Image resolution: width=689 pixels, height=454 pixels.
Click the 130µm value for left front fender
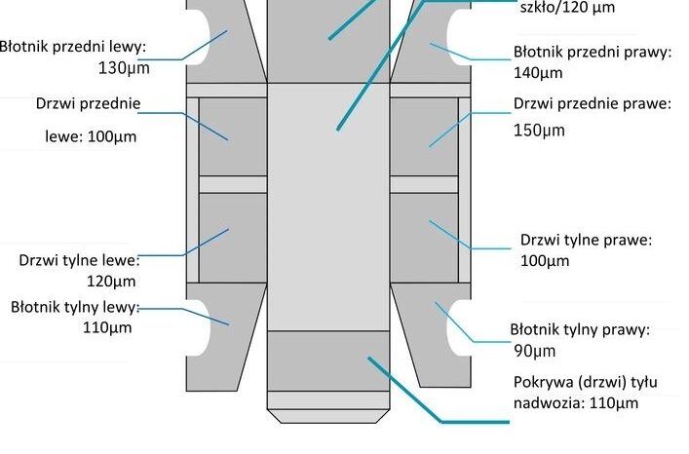[x=124, y=68]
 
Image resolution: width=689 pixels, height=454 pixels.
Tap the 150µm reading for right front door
[x=539, y=131]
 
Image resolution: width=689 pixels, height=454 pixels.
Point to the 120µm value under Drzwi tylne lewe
[x=111, y=282]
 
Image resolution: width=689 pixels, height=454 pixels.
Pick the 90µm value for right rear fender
[x=535, y=352]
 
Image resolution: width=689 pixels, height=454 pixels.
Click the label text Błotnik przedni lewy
[x=72, y=47]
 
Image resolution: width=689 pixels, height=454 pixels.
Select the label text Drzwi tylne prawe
[x=586, y=241]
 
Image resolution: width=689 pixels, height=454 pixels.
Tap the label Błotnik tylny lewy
[x=75, y=307]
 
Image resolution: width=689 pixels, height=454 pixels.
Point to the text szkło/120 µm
[x=567, y=8]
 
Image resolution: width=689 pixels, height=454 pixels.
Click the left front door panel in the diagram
[x=233, y=136]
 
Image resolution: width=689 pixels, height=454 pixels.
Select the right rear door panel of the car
[x=424, y=238]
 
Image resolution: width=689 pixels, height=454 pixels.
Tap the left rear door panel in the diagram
[x=233, y=238]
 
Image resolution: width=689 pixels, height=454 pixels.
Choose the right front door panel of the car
[x=424, y=136]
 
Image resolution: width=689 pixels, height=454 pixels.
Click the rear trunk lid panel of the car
[x=328, y=360]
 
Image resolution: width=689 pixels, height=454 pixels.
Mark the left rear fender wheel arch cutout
[x=199, y=328]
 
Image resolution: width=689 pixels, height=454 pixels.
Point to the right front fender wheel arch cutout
[x=459, y=37]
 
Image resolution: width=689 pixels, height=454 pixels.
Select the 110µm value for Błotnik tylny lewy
[x=107, y=328]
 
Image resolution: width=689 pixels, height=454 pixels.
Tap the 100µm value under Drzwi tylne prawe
[x=545, y=261]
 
